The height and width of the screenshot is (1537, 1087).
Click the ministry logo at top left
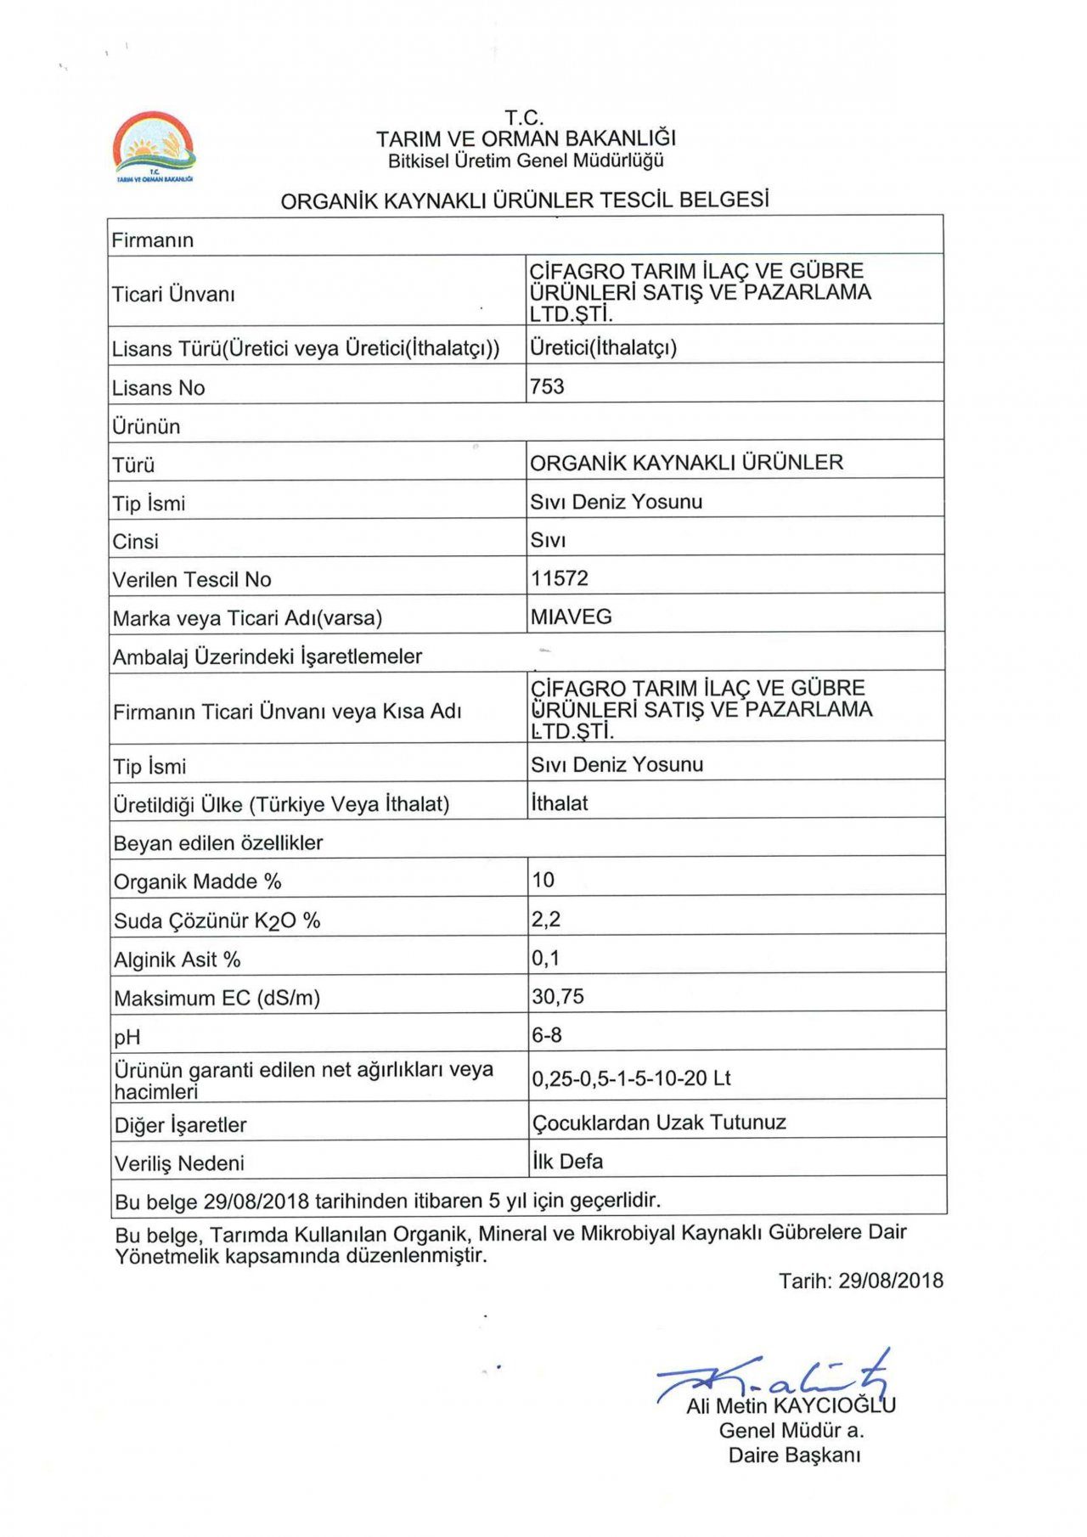155,147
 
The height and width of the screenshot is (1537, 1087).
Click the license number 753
547,387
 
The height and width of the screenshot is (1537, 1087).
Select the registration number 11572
560,579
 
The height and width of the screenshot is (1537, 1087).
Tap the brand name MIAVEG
571,617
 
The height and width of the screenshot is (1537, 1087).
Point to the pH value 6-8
547,1035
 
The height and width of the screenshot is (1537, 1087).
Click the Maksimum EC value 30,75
558,997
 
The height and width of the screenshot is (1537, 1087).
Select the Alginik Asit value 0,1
546,959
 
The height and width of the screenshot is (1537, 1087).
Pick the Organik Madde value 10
543,881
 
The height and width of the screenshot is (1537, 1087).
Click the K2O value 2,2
546,920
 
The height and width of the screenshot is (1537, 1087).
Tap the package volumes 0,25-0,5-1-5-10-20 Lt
631,1078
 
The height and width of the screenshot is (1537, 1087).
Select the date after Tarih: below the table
890,1281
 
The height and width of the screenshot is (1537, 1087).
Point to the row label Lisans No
159,388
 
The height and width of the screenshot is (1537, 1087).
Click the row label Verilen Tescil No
192,580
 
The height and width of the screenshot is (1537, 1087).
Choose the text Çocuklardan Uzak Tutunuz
659,1123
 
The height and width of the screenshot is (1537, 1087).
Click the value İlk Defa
567,1162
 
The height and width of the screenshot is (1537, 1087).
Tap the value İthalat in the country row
559,803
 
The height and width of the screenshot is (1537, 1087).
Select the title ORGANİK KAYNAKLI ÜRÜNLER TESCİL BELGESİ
525,201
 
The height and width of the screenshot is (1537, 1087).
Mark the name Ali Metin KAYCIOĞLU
791,1405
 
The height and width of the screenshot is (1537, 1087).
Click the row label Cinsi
136,542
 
